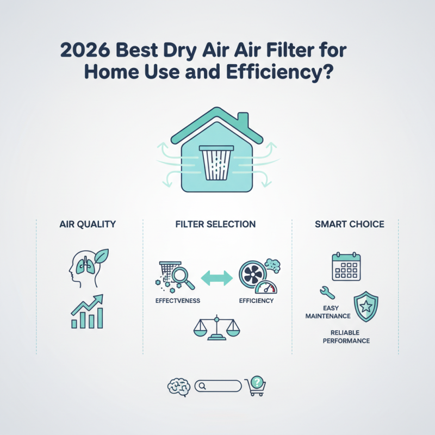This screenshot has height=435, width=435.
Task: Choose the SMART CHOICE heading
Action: tap(345, 224)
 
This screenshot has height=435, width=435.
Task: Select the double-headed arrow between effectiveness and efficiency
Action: tap(217, 278)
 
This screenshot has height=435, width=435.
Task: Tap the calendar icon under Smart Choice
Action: tap(346, 266)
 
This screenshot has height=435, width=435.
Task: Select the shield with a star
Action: tap(366, 306)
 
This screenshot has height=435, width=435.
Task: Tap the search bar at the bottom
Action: tap(217, 386)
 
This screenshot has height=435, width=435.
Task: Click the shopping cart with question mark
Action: tap(255, 386)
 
